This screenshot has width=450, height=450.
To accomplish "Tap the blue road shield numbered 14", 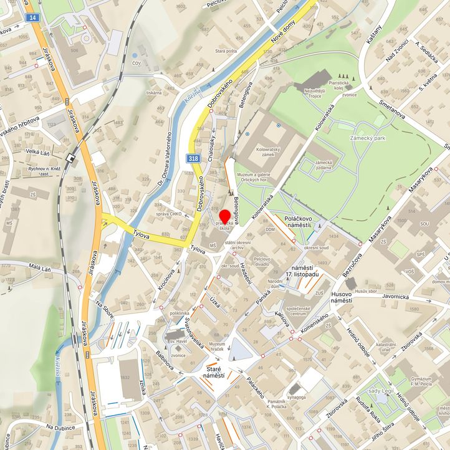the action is pos(32,17).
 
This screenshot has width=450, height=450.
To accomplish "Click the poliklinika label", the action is pos(179,314).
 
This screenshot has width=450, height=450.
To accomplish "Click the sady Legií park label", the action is pos(383,391).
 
